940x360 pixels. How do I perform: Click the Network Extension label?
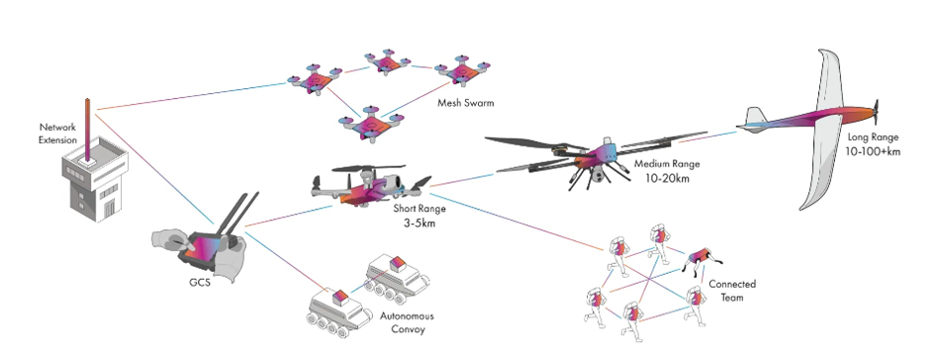(x=57, y=134)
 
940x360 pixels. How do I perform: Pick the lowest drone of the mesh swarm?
(x=370, y=126)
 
